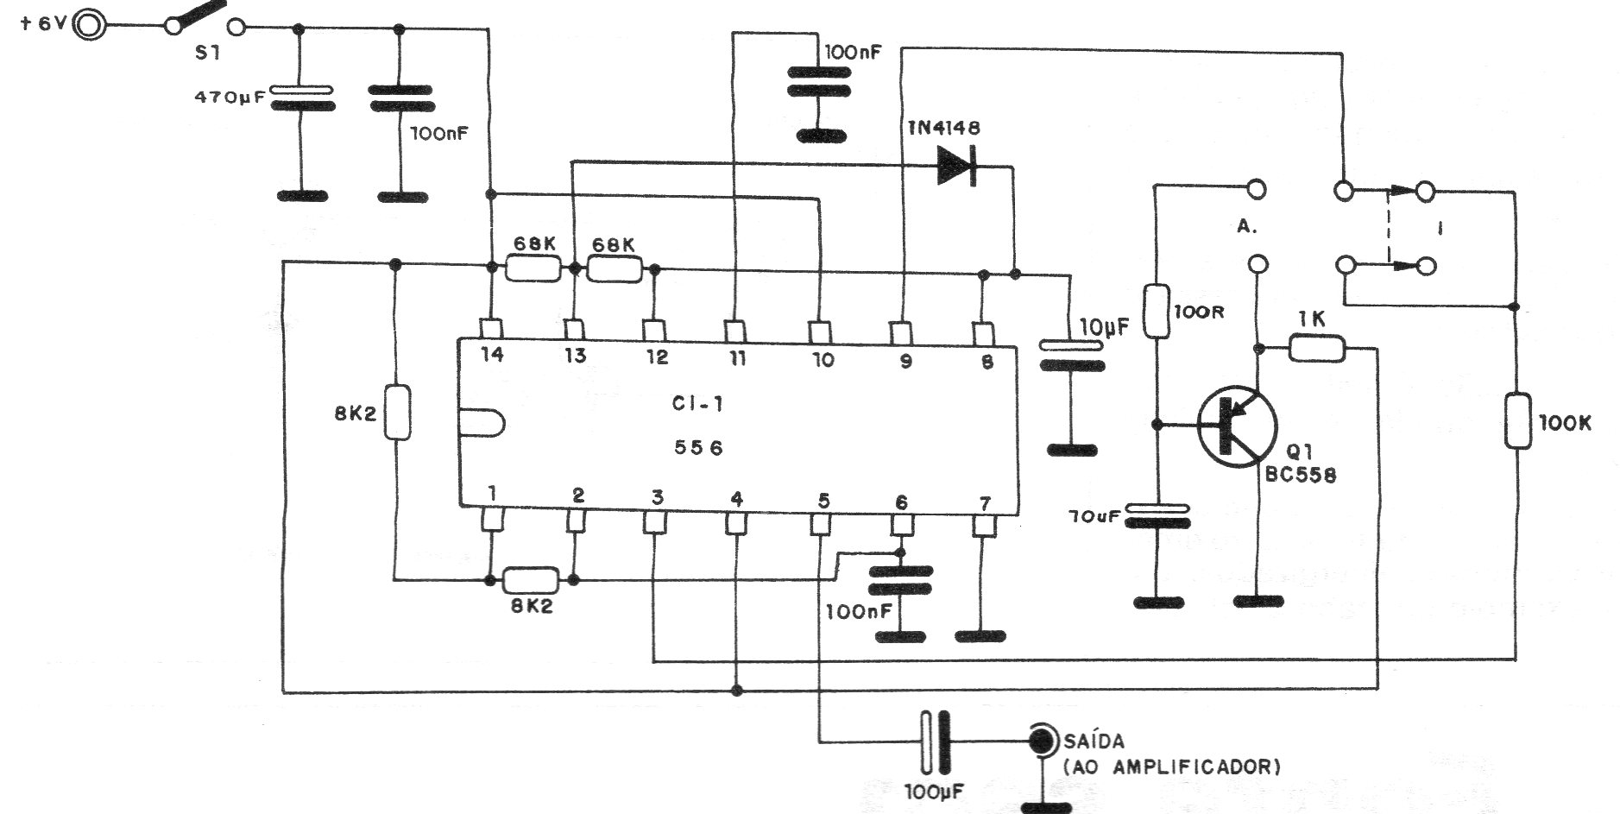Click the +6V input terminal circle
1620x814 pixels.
pos(90,23)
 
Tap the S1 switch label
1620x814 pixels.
pos(207,54)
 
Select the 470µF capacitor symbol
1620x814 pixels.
pos(301,98)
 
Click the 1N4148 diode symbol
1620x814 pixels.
pos(956,164)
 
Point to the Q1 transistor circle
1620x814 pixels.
pos(1237,426)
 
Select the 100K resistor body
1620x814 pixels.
pos(1517,420)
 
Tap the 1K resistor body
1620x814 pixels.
pos(1317,349)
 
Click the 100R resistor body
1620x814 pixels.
pos(1157,310)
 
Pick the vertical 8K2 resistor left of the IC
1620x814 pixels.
pos(397,413)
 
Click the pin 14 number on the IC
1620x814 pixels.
pos(491,354)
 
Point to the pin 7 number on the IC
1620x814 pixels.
pos(985,501)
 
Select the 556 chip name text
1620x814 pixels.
pos(698,448)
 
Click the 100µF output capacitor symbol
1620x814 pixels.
pos(935,741)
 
